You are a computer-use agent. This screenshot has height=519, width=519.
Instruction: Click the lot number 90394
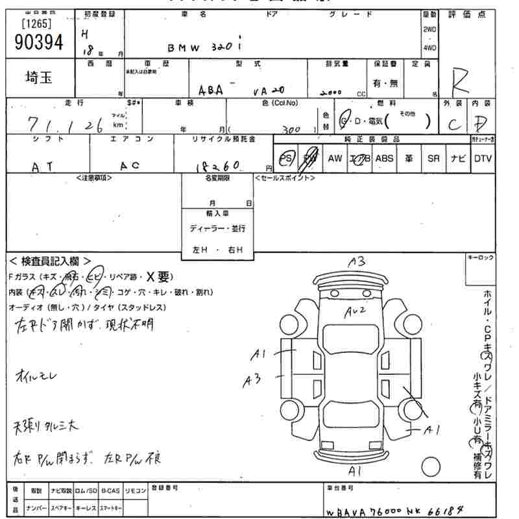[38, 43]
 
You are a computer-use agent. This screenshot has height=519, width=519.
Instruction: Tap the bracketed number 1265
[37, 25]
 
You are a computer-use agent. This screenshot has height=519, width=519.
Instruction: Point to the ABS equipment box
[384, 158]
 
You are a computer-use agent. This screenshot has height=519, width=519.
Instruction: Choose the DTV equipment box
[482, 158]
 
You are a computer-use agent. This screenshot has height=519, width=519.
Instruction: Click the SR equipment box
[433, 158]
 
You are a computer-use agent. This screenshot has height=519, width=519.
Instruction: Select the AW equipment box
[335, 158]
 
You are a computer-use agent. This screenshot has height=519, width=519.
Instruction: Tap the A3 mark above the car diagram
[357, 261]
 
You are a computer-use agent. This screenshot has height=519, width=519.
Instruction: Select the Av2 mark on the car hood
[356, 311]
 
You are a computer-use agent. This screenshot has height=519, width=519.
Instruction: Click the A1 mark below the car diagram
[355, 469]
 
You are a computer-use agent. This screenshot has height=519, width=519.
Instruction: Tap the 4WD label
[429, 47]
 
